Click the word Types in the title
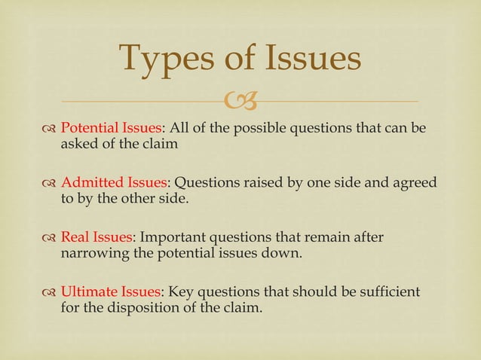tap(166, 59)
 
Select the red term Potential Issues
tap(111, 127)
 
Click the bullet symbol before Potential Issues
tap(49, 128)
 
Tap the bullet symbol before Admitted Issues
tap(49, 184)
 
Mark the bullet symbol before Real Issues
tap(49, 239)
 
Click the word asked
tap(77, 143)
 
